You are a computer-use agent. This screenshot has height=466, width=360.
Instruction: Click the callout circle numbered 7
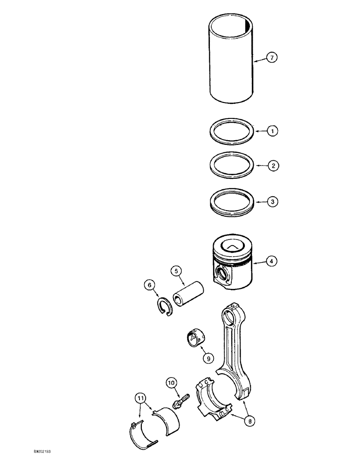tap(272, 58)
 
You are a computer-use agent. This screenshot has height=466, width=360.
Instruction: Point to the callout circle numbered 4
tap(272, 262)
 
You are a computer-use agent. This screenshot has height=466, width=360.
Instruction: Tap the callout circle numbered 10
tap(171, 383)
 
